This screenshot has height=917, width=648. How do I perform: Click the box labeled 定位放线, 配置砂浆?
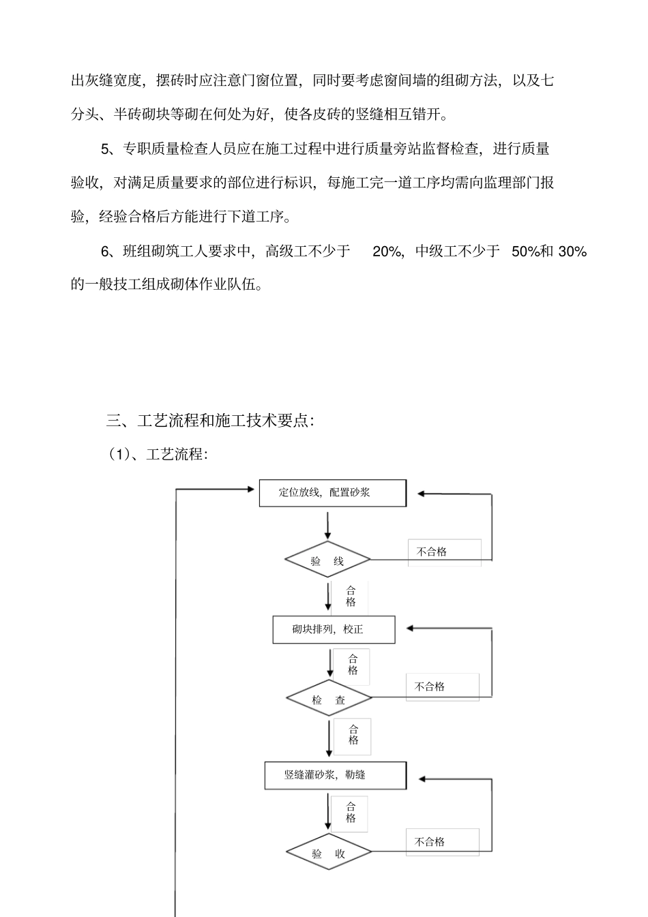pos(332,493)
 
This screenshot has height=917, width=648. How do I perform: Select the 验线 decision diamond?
pos(327,561)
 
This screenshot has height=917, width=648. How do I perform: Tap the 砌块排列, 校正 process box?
pos(334,629)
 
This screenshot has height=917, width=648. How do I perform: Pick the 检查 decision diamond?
pos(329,700)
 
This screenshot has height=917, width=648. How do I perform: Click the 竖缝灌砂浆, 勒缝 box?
pos(335,775)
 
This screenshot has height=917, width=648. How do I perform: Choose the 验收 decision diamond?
pos(329,853)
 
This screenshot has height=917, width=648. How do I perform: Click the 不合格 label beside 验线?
pos(432,552)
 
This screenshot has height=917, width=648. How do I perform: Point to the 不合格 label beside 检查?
pos(430,687)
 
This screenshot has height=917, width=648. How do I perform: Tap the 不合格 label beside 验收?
pos(430,842)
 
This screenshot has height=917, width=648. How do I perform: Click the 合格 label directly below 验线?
pos(351,597)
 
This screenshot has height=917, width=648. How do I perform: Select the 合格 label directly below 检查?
pos(353,735)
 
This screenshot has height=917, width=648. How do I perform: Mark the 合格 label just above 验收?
pos(351,812)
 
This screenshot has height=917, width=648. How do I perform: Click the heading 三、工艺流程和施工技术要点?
pos(210,421)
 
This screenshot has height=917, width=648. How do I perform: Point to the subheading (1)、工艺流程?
pos(158,454)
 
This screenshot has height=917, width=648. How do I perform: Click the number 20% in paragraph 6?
pos(387,252)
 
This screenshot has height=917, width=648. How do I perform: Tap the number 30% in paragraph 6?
pos(572,252)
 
